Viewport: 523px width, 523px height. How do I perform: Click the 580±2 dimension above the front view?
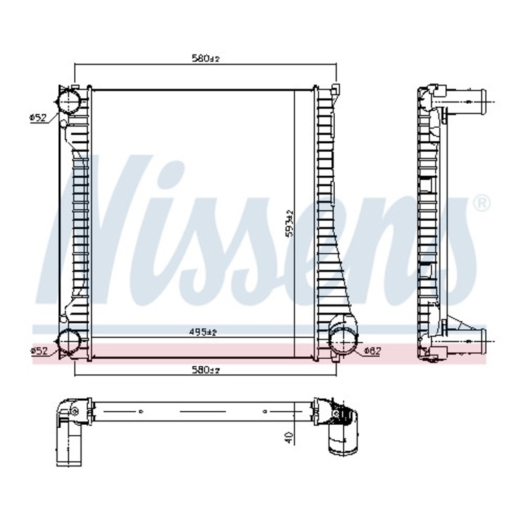click(206, 57)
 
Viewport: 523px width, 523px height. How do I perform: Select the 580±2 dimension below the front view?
click(206, 370)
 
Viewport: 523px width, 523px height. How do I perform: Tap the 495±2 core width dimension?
click(203, 332)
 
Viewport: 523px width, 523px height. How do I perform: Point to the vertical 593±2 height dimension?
click(289, 223)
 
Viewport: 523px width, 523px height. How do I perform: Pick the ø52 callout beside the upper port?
click(38, 117)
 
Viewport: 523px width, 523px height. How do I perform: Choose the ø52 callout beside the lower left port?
click(38, 351)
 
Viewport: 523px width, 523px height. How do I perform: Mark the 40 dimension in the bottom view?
click(288, 437)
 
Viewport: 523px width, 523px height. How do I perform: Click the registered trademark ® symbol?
click(480, 203)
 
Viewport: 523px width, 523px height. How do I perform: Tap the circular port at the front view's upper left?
click(70, 100)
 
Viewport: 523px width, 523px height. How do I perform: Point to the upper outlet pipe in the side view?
click(464, 99)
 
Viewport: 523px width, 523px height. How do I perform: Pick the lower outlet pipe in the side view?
click(464, 339)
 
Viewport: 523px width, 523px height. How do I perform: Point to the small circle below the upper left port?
click(63, 125)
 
